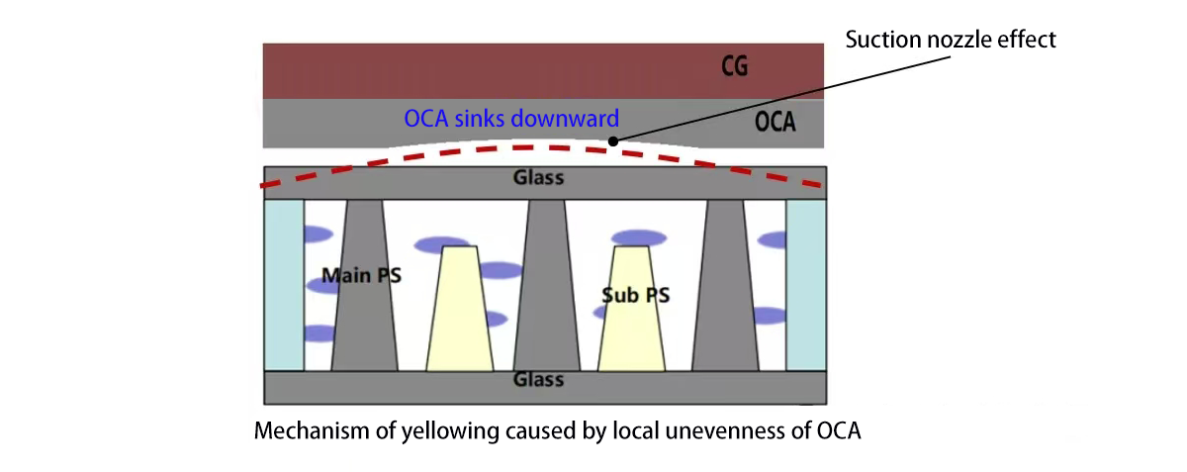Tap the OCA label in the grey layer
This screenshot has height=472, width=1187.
[776, 125]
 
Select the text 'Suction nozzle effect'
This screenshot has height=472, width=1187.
[951, 40]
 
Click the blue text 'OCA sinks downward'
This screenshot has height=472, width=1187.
[510, 119]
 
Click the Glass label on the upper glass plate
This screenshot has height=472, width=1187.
[538, 178]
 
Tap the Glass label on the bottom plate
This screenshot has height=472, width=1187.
[538, 380]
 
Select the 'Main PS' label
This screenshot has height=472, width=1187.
[361, 275]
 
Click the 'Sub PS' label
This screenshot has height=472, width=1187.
[631, 294]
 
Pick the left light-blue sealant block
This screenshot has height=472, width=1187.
[283, 285]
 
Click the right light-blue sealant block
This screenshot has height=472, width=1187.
[805, 285]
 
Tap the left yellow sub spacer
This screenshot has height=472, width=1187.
[459, 311]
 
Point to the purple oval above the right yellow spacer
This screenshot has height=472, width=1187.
[638, 237]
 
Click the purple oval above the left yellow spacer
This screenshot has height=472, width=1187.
[441, 243]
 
